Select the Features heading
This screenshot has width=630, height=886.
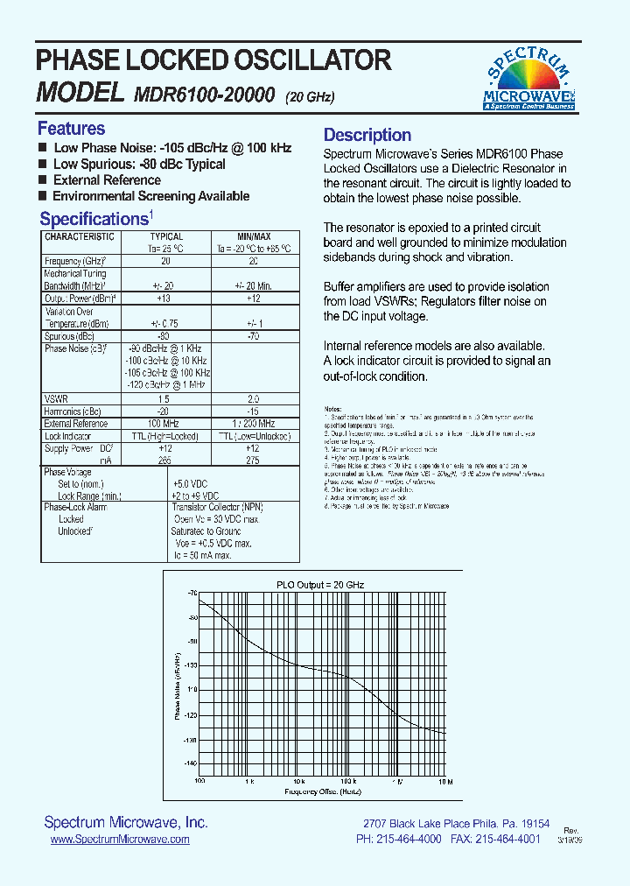coord(71,129)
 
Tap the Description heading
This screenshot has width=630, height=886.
coord(367,135)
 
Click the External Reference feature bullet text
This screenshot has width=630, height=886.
coord(107,180)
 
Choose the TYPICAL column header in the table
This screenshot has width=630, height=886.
coord(166,236)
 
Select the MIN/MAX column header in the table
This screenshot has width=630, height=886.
coord(253,236)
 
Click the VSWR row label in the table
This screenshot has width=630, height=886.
coord(57,398)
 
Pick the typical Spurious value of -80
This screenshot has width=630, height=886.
coord(162,336)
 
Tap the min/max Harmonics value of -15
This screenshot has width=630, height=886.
coord(253,411)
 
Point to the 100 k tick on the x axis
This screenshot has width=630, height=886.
coord(348,781)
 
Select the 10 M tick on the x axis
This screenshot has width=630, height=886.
coord(444,781)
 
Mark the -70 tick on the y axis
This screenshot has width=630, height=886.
coord(191,594)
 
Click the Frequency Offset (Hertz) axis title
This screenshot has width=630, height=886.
coord(322,791)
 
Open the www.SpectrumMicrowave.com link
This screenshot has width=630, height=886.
coord(120,839)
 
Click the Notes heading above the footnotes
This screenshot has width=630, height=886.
coord(332,409)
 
